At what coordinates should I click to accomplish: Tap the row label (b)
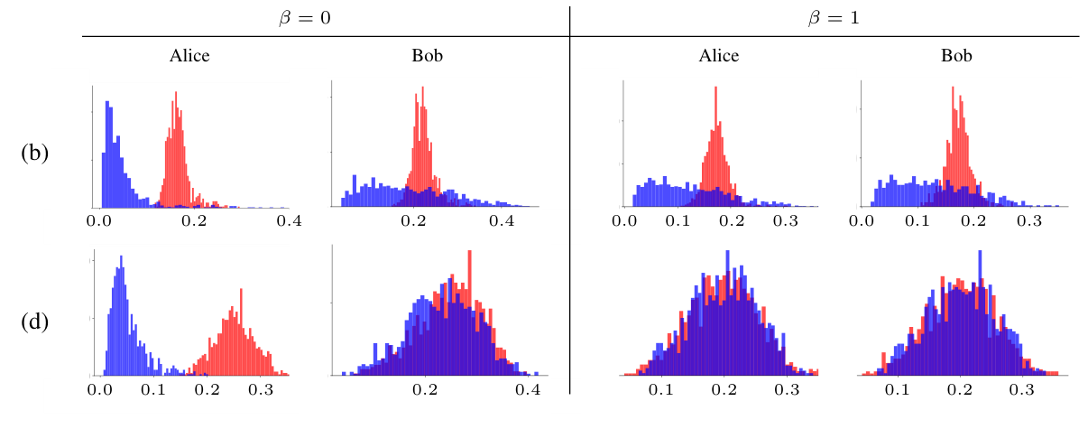(x=34, y=153)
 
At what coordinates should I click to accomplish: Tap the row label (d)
(x=34, y=321)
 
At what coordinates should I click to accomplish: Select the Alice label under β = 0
(x=189, y=56)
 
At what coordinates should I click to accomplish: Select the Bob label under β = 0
(x=427, y=56)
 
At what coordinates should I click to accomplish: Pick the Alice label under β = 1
(x=719, y=56)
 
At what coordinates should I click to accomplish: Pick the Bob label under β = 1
(x=957, y=56)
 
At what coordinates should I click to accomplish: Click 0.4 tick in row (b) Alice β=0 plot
(x=289, y=219)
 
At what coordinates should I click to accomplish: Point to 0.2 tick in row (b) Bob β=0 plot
(x=414, y=219)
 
